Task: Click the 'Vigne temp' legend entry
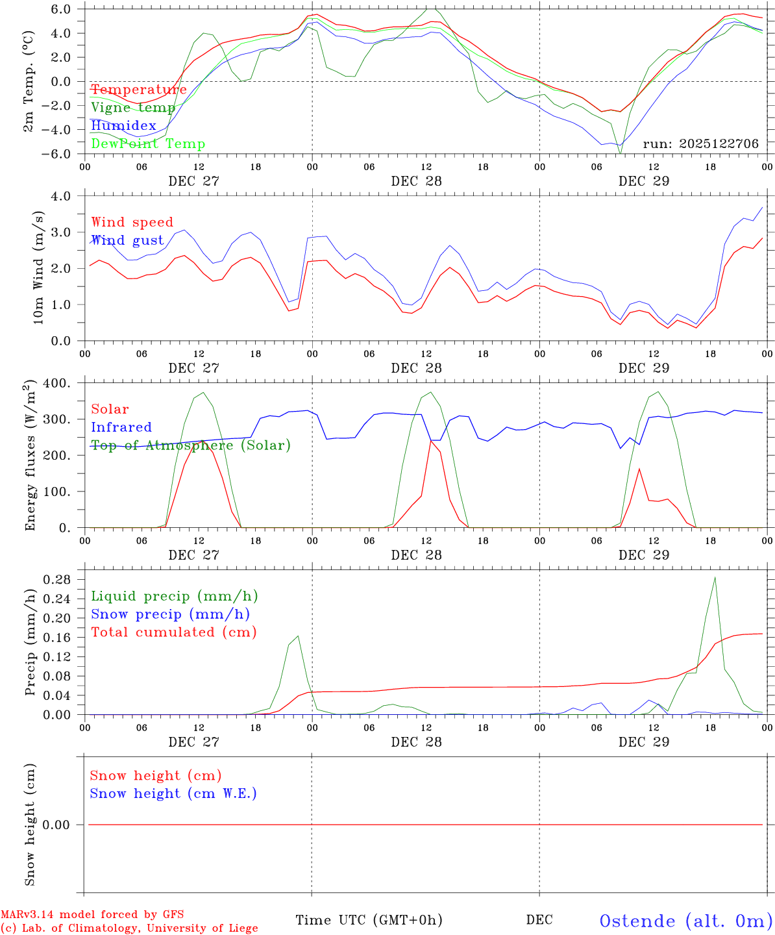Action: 133,108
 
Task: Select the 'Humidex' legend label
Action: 123,126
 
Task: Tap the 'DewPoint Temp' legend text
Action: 148,144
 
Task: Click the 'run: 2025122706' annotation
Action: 700,144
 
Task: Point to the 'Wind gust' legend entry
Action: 127,240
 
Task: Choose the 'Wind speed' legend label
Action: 132,222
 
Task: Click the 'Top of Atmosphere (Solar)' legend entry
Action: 190,445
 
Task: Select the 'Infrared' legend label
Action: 121,427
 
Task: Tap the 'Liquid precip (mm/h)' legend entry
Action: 174,596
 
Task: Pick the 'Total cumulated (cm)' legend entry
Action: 173,632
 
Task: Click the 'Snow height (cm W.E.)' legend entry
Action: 173,793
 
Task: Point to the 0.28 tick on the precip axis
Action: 60,579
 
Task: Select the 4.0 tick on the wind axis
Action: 65,196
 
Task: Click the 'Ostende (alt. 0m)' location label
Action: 685,921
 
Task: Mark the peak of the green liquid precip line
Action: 715,577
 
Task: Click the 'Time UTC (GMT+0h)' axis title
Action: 369,920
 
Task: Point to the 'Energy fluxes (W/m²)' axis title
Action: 30,456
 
